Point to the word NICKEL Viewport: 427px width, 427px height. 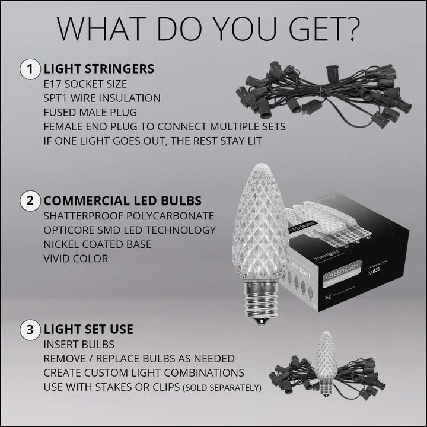pos(62,244)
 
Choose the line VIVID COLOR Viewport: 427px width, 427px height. pos(75,259)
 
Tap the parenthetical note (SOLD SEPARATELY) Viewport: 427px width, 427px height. pos(224,388)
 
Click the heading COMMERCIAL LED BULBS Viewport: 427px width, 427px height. pos(122,200)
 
